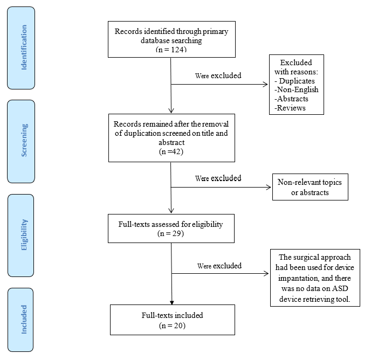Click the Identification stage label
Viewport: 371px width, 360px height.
point(24,47)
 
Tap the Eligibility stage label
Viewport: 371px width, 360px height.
point(24,235)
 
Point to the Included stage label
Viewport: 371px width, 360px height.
point(24,319)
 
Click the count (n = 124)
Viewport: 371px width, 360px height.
point(171,50)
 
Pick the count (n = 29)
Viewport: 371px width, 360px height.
point(171,234)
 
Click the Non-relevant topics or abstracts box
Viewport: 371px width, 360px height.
point(310,187)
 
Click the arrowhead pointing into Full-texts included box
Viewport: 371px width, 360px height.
point(171,302)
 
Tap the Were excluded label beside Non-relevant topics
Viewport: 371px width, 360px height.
point(218,178)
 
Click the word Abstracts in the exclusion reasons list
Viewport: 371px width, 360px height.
point(292,99)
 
